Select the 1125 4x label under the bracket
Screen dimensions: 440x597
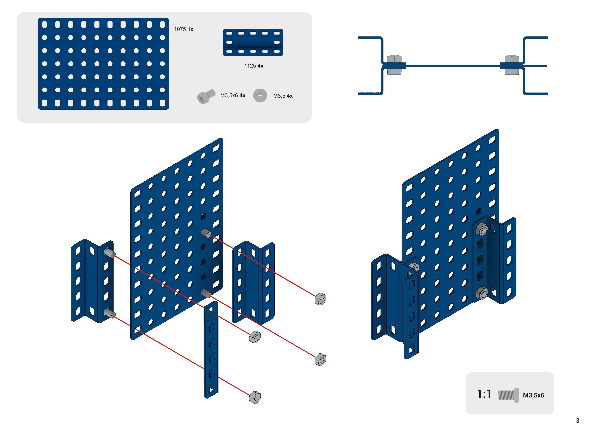[254, 66]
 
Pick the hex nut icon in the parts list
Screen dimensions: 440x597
[260, 95]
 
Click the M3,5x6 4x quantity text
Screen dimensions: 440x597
[233, 95]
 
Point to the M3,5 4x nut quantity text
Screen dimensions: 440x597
[283, 96]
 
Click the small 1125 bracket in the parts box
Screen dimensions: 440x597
[253, 43]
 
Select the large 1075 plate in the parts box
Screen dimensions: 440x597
[103, 64]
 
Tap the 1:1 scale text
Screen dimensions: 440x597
[484, 394]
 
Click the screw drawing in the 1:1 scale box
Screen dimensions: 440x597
[508, 395]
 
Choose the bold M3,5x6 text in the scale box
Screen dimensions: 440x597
[533, 395]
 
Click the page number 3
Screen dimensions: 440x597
[577, 421]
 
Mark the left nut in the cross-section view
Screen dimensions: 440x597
[394, 65]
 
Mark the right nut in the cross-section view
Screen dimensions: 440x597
[512, 65]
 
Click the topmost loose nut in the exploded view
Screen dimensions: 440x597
[320, 299]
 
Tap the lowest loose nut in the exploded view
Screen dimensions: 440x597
[255, 397]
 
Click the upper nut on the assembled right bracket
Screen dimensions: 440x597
[482, 229]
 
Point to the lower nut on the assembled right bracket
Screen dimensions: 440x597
[482, 293]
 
